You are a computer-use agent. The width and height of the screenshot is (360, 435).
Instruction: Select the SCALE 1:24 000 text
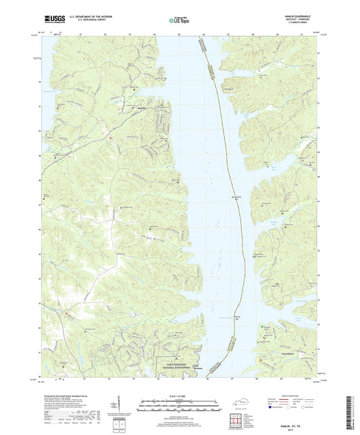tap(179, 396)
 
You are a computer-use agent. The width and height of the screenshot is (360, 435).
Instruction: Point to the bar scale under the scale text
tap(179, 406)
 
